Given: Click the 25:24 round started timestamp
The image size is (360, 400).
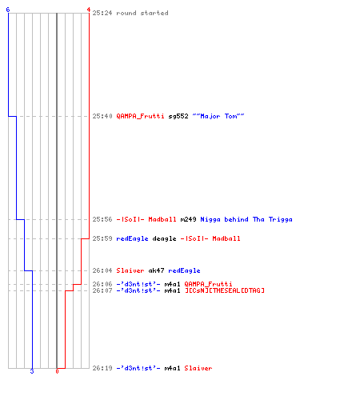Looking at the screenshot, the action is pos(102,13).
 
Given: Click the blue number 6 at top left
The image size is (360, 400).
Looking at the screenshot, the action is pos(8,10).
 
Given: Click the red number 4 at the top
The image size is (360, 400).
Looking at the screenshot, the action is pos(89,10).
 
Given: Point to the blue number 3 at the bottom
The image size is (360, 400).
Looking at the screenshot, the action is pos(32,371).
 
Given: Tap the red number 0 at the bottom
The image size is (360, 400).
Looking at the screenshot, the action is pos(57,371).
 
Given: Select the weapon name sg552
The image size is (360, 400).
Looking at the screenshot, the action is pos(178,116).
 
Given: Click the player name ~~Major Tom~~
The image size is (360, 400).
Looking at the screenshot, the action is pos(218,116).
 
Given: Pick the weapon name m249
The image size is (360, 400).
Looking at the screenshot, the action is pos(188,219).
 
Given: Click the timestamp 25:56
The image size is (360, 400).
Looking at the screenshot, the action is pos(102,219).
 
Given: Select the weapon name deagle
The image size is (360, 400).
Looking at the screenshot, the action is pos(164,238).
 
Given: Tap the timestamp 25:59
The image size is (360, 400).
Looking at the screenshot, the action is pos(102,238).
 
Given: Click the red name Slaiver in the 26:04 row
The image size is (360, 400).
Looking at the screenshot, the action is pos(130,270).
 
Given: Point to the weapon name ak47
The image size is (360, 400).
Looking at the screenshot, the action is pos(156,270).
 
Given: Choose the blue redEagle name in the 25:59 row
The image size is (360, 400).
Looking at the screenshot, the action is pos(132,238).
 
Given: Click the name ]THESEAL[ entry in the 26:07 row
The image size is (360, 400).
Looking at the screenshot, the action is pos(225,290).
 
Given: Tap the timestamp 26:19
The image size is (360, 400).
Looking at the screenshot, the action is pos(102,368).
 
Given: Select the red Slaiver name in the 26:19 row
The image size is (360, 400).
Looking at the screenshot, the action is pos(198,368).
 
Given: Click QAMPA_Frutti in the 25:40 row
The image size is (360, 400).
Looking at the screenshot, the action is pos(140,116).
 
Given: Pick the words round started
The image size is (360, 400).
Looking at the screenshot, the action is pos(142,13).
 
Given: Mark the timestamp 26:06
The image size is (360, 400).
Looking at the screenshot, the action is pos(102,284).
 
